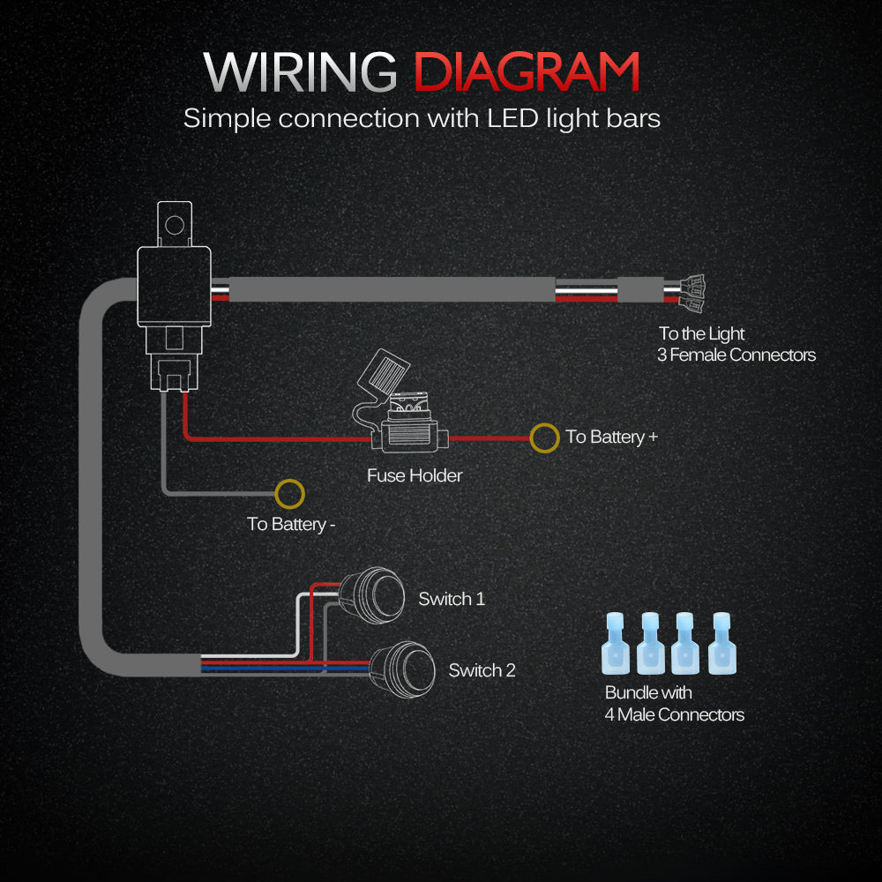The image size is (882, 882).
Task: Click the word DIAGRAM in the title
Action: click(x=527, y=72)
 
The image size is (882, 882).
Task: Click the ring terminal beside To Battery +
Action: click(x=544, y=437)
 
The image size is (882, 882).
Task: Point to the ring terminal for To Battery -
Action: click(x=288, y=493)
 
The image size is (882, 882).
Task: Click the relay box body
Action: click(x=175, y=287)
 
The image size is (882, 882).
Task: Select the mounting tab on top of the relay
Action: click(x=175, y=222)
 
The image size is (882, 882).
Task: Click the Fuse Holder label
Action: click(x=415, y=476)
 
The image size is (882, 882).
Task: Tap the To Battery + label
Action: click(x=612, y=437)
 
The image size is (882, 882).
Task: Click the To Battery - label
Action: click(x=291, y=525)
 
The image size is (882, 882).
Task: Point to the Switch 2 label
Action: click(x=482, y=670)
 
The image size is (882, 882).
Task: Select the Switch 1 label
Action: click(x=452, y=600)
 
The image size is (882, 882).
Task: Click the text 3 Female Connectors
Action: click(x=736, y=355)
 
